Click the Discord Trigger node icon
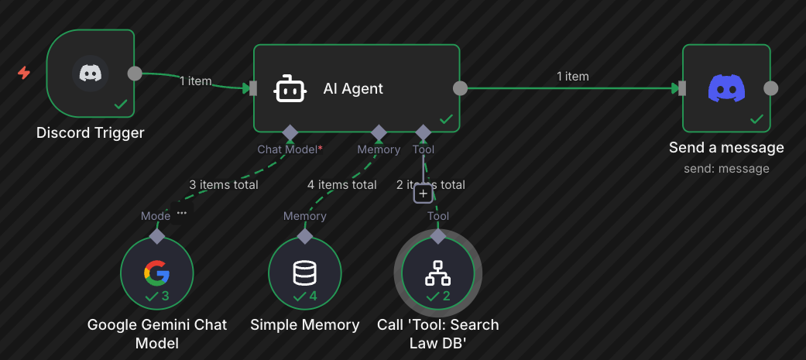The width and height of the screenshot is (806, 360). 91,74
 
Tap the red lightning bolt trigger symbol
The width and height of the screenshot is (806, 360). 24,73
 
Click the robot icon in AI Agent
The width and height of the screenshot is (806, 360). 290,89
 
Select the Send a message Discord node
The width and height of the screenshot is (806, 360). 726,88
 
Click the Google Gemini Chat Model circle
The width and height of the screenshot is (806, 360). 156,273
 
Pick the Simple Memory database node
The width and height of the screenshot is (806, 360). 304,273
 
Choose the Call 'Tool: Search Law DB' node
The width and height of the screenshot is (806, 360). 437,273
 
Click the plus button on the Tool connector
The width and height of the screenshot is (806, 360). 422,194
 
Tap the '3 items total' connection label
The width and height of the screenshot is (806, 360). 224,185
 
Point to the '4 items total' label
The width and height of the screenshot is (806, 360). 341,185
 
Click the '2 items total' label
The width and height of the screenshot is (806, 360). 430,185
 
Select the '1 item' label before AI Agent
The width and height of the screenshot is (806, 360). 196,81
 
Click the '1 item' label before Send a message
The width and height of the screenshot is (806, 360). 572,77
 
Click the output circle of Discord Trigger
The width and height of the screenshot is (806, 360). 134,74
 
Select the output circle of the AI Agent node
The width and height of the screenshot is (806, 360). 460,88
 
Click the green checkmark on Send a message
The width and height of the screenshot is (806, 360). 756,119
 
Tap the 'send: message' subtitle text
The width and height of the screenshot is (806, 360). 726,168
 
